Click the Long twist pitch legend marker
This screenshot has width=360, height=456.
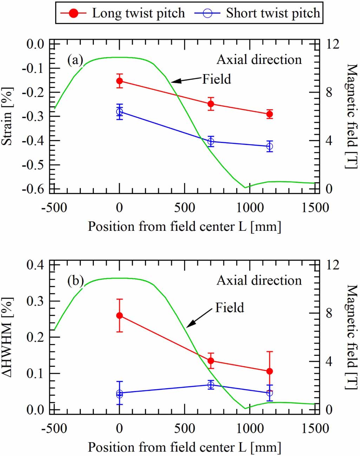(x=73, y=13)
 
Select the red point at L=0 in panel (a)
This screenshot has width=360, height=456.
(x=119, y=81)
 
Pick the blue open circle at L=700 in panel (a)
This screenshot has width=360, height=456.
(x=211, y=142)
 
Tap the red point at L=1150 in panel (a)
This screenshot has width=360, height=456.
(x=269, y=114)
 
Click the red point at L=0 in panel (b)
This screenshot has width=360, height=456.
(x=119, y=315)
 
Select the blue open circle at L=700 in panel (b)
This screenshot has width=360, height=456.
(x=211, y=385)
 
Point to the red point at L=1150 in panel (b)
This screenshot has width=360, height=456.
(x=269, y=371)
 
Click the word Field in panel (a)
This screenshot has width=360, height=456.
(x=217, y=79)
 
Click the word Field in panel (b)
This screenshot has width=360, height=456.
(x=229, y=307)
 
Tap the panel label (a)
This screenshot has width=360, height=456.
(x=75, y=60)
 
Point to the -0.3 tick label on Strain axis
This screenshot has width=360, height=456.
(x=33, y=116)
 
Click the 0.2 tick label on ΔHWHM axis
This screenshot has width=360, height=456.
(x=35, y=337)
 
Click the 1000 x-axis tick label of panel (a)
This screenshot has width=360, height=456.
(x=250, y=207)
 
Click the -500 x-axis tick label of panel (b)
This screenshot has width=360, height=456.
(x=54, y=428)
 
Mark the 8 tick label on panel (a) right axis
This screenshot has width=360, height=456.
(x=329, y=93)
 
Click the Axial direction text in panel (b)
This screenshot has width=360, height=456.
(x=259, y=280)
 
